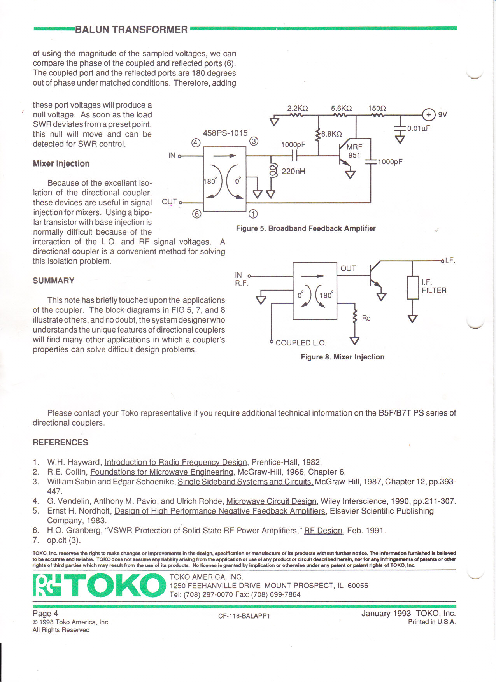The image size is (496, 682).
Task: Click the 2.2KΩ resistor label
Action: [297, 108]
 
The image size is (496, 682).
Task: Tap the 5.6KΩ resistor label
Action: [341, 108]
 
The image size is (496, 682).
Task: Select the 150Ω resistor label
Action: [377, 108]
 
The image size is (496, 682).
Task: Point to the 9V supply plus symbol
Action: [428, 115]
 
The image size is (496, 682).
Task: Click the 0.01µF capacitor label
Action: [418, 129]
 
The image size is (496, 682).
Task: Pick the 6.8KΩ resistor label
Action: [331, 134]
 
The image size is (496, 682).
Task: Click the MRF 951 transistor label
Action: [354, 151]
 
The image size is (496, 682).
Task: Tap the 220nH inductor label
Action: [293, 171]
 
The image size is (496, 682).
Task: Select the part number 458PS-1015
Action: [225, 133]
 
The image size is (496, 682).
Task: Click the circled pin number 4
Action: [196, 142]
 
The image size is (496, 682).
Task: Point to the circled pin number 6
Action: [197, 214]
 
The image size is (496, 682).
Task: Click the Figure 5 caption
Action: [306, 228]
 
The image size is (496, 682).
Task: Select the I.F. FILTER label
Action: [434, 286]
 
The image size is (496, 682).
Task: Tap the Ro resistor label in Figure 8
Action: [366, 318]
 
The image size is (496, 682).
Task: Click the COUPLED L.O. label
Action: [301, 343]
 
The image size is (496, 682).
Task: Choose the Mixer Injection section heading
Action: [61, 163]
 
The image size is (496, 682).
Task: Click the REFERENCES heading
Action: [60, 442]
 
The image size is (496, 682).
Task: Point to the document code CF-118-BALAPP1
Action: [244, 616]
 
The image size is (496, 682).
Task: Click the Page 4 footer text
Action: [46, 614]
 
